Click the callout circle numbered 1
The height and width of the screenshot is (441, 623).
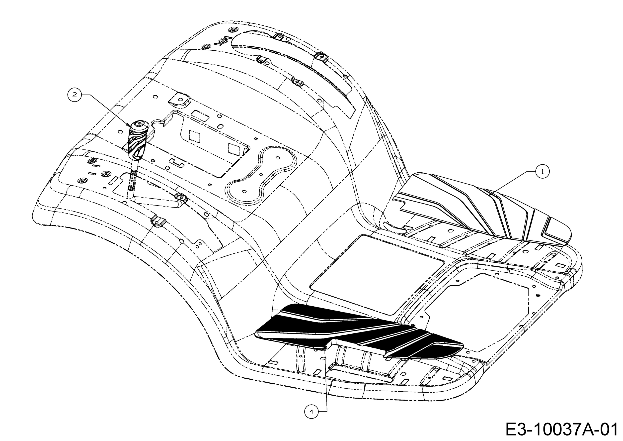click(x=543, y=171)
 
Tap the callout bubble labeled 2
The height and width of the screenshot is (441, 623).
click(x=75, y=95)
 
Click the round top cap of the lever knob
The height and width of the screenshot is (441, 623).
click(x=140, y=125)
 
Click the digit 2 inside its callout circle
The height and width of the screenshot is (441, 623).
click(x=75, y=95)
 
